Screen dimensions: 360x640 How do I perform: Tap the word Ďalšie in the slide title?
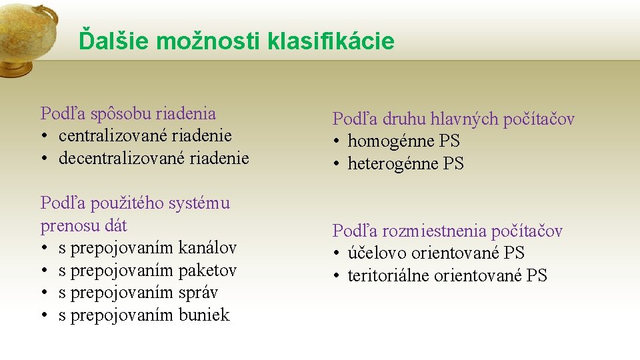tap(114, 41)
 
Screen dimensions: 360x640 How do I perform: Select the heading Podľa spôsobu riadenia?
tap(128, 113)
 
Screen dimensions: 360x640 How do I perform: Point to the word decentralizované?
tap(121, 159)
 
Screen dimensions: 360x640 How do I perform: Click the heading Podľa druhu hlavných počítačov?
tap(453, 119)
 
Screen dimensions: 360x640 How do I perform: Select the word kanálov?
tap(207, 248)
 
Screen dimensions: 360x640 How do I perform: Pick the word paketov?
tap(207, 271)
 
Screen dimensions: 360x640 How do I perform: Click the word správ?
tap(199, 293)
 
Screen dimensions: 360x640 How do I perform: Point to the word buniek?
tap(204, 315)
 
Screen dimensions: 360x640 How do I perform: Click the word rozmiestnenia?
tap(434, 231)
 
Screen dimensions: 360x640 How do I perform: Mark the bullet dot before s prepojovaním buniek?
tap(45, 316)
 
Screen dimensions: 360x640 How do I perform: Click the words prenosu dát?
tap(83, 226)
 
